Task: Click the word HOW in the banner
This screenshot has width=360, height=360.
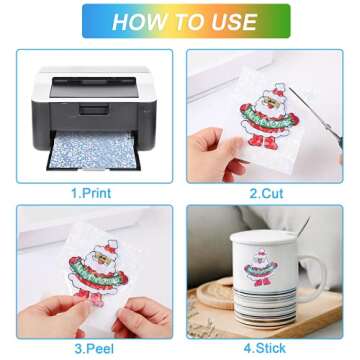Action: click(134, 22)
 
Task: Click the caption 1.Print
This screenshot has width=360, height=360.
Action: click(91, 193)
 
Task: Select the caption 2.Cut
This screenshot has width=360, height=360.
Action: click(267, 193)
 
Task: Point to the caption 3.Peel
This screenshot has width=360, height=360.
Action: click(94, 349)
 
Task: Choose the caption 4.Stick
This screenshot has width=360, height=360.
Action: click(265, 348)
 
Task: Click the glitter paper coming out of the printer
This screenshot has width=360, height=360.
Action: click(93, 151)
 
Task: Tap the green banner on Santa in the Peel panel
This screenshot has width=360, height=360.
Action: click(97, 273)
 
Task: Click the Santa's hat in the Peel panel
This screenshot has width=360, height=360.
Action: click(110, 245)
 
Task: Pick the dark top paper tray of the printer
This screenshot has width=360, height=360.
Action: click(94, 88)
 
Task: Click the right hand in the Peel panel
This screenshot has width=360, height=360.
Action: click(142, 318)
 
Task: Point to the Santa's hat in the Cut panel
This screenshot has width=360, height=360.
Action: click(279, 91)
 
